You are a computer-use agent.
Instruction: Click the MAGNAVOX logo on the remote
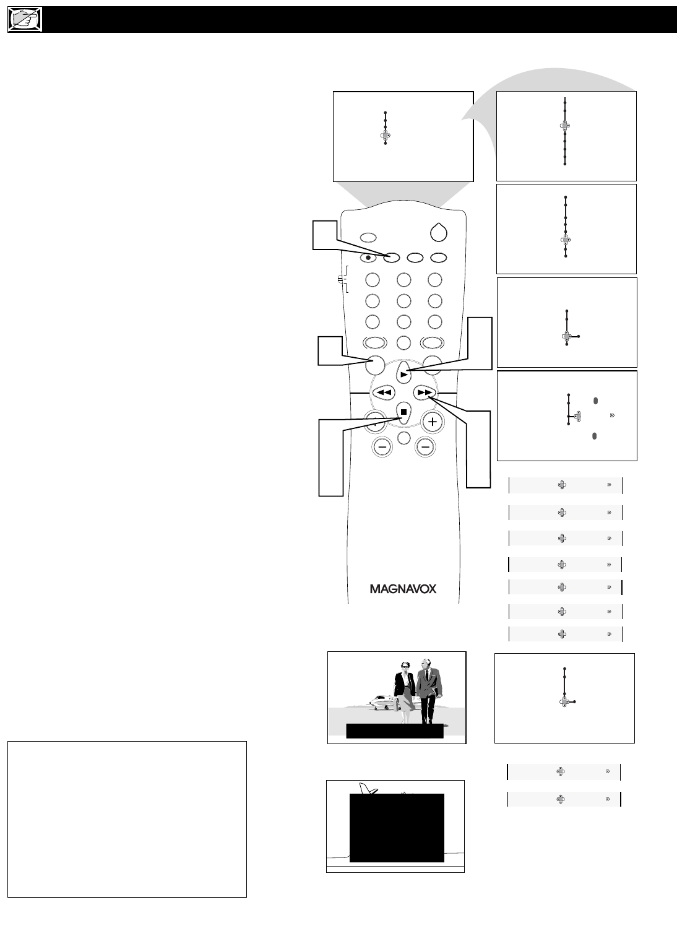point(403,589)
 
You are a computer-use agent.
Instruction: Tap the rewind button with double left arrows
point(384,392)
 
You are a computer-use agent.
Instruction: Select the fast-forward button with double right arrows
point(424,392)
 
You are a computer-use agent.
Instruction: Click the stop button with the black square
point(403,412)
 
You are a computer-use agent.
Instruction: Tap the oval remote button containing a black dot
point(368,258)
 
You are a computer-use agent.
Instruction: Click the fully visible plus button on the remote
point(433,422)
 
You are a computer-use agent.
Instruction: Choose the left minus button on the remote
point(382,446)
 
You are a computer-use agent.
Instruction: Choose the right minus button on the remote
point(425,446)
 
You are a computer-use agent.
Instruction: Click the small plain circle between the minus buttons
point(403,438)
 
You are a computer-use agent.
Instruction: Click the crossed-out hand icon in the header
point(25,20)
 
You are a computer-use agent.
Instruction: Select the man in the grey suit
point(429,690)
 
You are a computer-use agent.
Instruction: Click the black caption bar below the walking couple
point(395,731)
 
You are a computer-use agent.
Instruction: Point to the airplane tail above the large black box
point(368,789)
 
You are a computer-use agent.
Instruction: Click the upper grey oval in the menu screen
point(595,401)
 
